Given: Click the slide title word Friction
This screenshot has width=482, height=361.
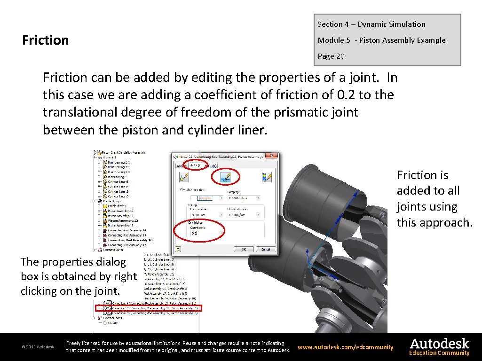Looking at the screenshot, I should click(x=46, y=40).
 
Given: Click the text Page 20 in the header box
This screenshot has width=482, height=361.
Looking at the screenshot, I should click(x=331, y=56).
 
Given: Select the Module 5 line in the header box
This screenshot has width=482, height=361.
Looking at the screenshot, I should click(x=381, y=40).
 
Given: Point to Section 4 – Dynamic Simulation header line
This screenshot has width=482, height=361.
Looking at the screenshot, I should click(x=371, y=24).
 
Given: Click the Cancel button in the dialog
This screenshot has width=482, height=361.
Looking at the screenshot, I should click(x=266, y=249).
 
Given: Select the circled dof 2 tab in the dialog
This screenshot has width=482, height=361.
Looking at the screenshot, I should click(x=196, y=165).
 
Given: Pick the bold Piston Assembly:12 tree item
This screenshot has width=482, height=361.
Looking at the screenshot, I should click(x=123, y=220).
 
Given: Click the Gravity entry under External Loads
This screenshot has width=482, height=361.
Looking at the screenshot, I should click(x=113, y=323).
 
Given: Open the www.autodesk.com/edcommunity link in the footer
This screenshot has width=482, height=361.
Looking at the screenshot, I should click(x=346, y=347).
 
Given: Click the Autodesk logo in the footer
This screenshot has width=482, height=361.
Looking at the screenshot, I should click(x=439, y=344).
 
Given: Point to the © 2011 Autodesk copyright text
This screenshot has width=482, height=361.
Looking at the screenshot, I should click(x=38, y=347).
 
